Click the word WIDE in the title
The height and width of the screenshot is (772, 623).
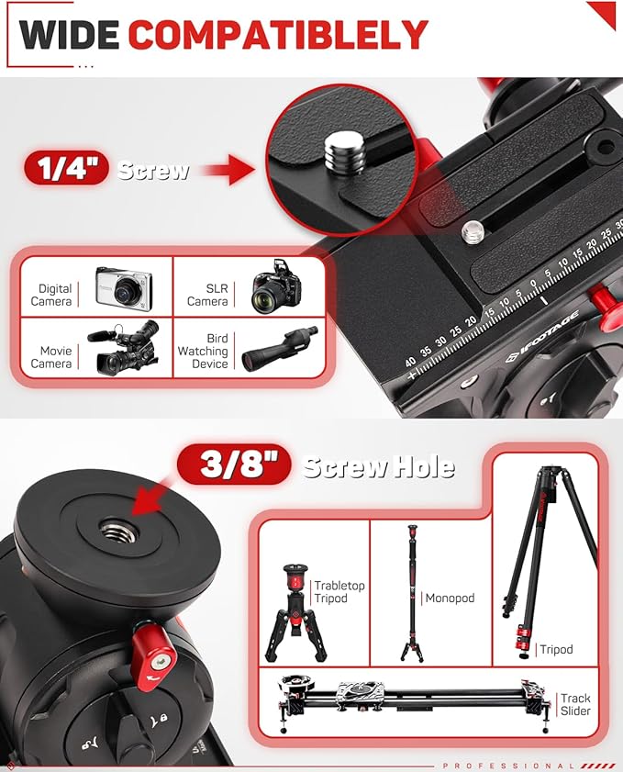point(70,35)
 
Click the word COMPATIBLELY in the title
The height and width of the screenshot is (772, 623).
point(278,35)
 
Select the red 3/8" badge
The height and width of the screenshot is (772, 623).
point(228,466)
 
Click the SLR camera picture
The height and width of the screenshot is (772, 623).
point(275,287)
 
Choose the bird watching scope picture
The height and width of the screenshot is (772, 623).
point(278,349)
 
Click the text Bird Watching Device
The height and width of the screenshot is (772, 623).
point(203,352)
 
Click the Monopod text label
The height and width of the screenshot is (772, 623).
point(451,598)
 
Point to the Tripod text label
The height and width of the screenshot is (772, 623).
point(556,649)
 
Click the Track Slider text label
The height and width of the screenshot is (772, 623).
point(576,705)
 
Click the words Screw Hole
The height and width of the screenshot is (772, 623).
point(379,466)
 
